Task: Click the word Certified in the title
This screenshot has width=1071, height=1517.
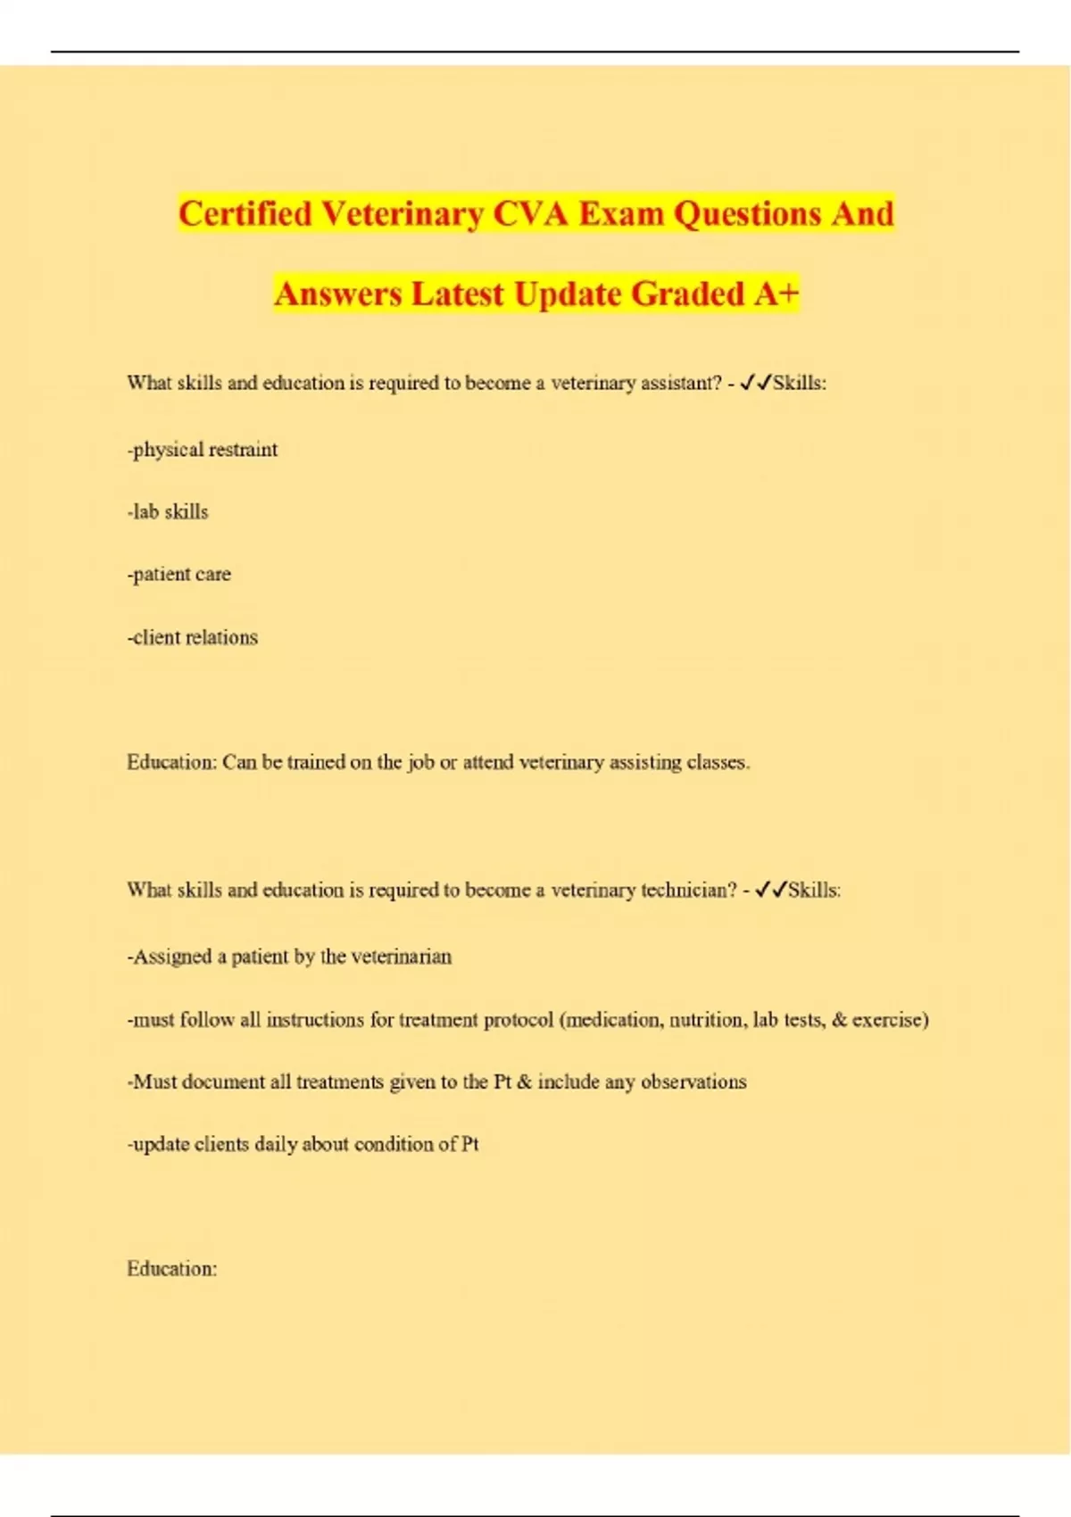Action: click(x=245, y=214)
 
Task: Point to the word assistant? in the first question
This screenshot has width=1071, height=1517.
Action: click(x=679, y=384)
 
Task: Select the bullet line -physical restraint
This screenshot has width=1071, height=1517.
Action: click(x=203, y=450)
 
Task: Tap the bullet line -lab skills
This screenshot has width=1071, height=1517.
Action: click(x=168, y=512)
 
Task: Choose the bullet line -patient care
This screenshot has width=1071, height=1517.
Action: click(x=179, y=575)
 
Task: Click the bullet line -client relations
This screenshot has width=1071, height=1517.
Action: click(x=193, y=638)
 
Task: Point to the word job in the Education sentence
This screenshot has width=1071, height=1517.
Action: click(x=421, y=763)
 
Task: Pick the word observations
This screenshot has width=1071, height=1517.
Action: click(x=693, y=1082)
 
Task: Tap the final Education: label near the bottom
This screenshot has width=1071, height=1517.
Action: click(x=171, y=1269)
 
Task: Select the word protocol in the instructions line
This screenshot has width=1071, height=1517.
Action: click(x=518, y=1020)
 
